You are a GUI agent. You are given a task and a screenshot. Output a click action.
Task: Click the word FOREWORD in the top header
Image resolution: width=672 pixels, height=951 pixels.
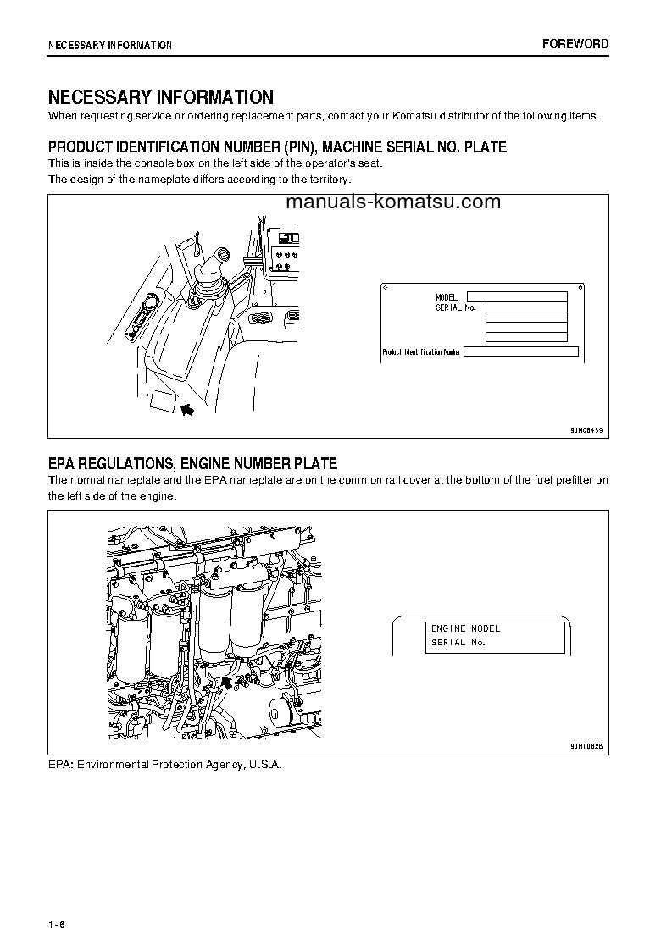575,44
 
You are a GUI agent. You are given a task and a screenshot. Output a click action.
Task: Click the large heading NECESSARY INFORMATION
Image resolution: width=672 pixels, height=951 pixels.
160,97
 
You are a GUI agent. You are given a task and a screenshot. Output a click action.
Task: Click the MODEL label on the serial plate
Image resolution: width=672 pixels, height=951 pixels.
446,297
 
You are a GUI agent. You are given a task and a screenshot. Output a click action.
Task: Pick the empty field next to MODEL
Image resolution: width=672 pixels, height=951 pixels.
517,297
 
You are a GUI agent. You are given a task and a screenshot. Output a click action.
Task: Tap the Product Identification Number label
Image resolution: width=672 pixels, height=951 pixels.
421,351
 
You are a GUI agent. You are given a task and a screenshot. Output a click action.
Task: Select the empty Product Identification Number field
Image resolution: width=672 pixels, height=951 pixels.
521,351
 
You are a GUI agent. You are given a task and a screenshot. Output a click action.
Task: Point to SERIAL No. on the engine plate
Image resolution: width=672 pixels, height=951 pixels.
458,643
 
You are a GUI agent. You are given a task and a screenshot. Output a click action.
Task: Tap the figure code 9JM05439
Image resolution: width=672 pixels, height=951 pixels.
586,430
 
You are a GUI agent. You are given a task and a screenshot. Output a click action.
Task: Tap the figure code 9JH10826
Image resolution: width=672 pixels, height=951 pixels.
586,747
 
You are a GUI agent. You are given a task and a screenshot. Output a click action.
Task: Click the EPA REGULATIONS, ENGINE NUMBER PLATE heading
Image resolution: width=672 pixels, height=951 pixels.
192,463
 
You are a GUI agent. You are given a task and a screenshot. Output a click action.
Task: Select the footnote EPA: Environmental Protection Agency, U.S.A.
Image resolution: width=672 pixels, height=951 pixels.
164,765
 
